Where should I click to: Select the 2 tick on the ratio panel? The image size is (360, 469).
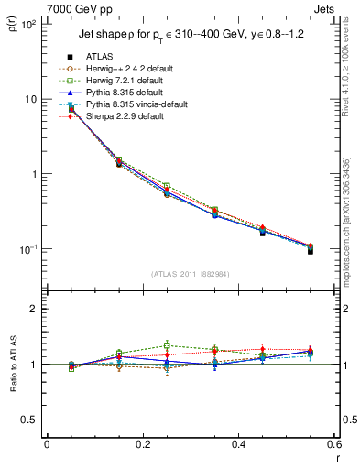[34, 309]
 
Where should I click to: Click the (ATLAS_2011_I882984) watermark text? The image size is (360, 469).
[191, 273]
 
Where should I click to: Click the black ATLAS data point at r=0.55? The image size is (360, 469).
[311, 250]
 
